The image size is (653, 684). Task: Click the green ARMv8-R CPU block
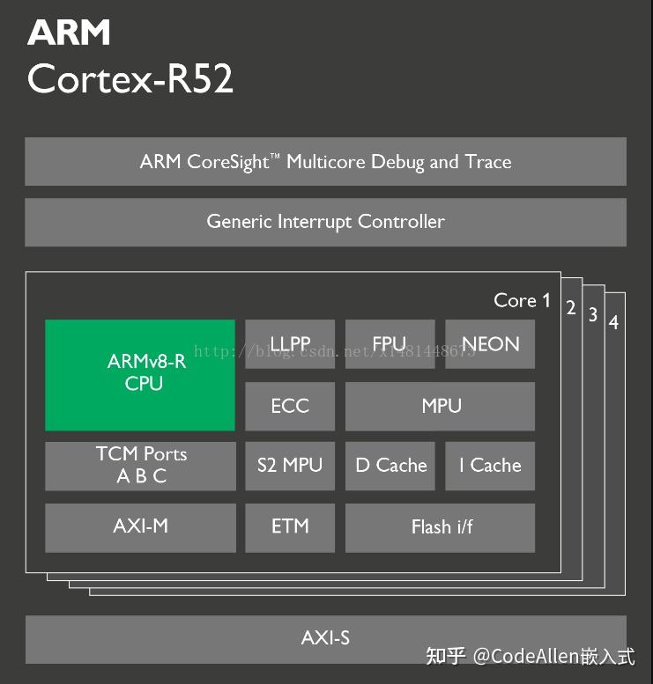(x=139, y=375)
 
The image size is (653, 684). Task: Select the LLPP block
(x=290, y=344)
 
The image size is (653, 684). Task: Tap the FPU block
(x=390, y=344)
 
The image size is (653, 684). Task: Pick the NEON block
(x=490, y=344)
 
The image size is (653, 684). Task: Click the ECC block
(x=290, y=406)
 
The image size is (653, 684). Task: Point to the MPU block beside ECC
(x=440, y=406)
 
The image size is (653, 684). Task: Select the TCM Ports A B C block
(x=140, y=466)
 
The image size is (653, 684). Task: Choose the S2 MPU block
(x=290, y=466)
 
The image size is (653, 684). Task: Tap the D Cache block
(x=390, y=466)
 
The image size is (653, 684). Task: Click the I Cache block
(x=490, y=466)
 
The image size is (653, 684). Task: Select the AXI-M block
(x=140, y=526)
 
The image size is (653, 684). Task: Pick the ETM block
(x=290, y=526)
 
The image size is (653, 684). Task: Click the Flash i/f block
(x=440, y=527)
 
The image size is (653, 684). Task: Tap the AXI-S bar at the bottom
(x=325, y=638)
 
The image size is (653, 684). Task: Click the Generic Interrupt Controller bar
(x=325, y=222)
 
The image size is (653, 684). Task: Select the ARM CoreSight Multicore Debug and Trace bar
(x=325, y=162)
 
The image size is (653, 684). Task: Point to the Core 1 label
(x=522, y=301)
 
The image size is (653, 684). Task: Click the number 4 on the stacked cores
(x=613, y=323)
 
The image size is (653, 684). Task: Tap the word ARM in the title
(x=69, y=33)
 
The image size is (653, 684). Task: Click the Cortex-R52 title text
(x=130, y=79)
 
